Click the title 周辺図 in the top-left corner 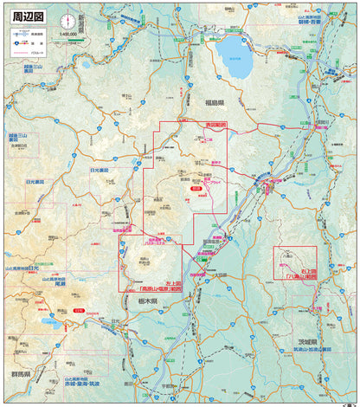click(x=27, y=16)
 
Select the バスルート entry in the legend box click(x=43, y=53)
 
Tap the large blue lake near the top click(x=234, y=55)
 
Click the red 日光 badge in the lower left click(x=79, y=309)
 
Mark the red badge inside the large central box click(x=196, y=187)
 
